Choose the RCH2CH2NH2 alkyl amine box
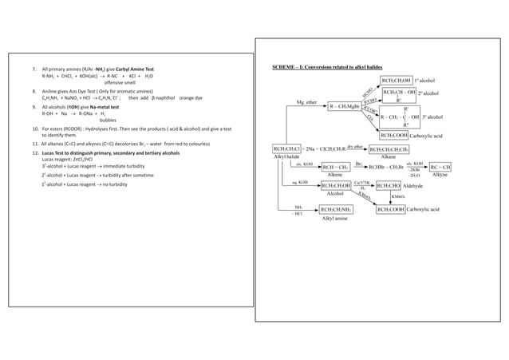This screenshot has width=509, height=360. [x=340, y=210]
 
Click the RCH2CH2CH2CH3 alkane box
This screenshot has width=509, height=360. [x=400, y=148]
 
